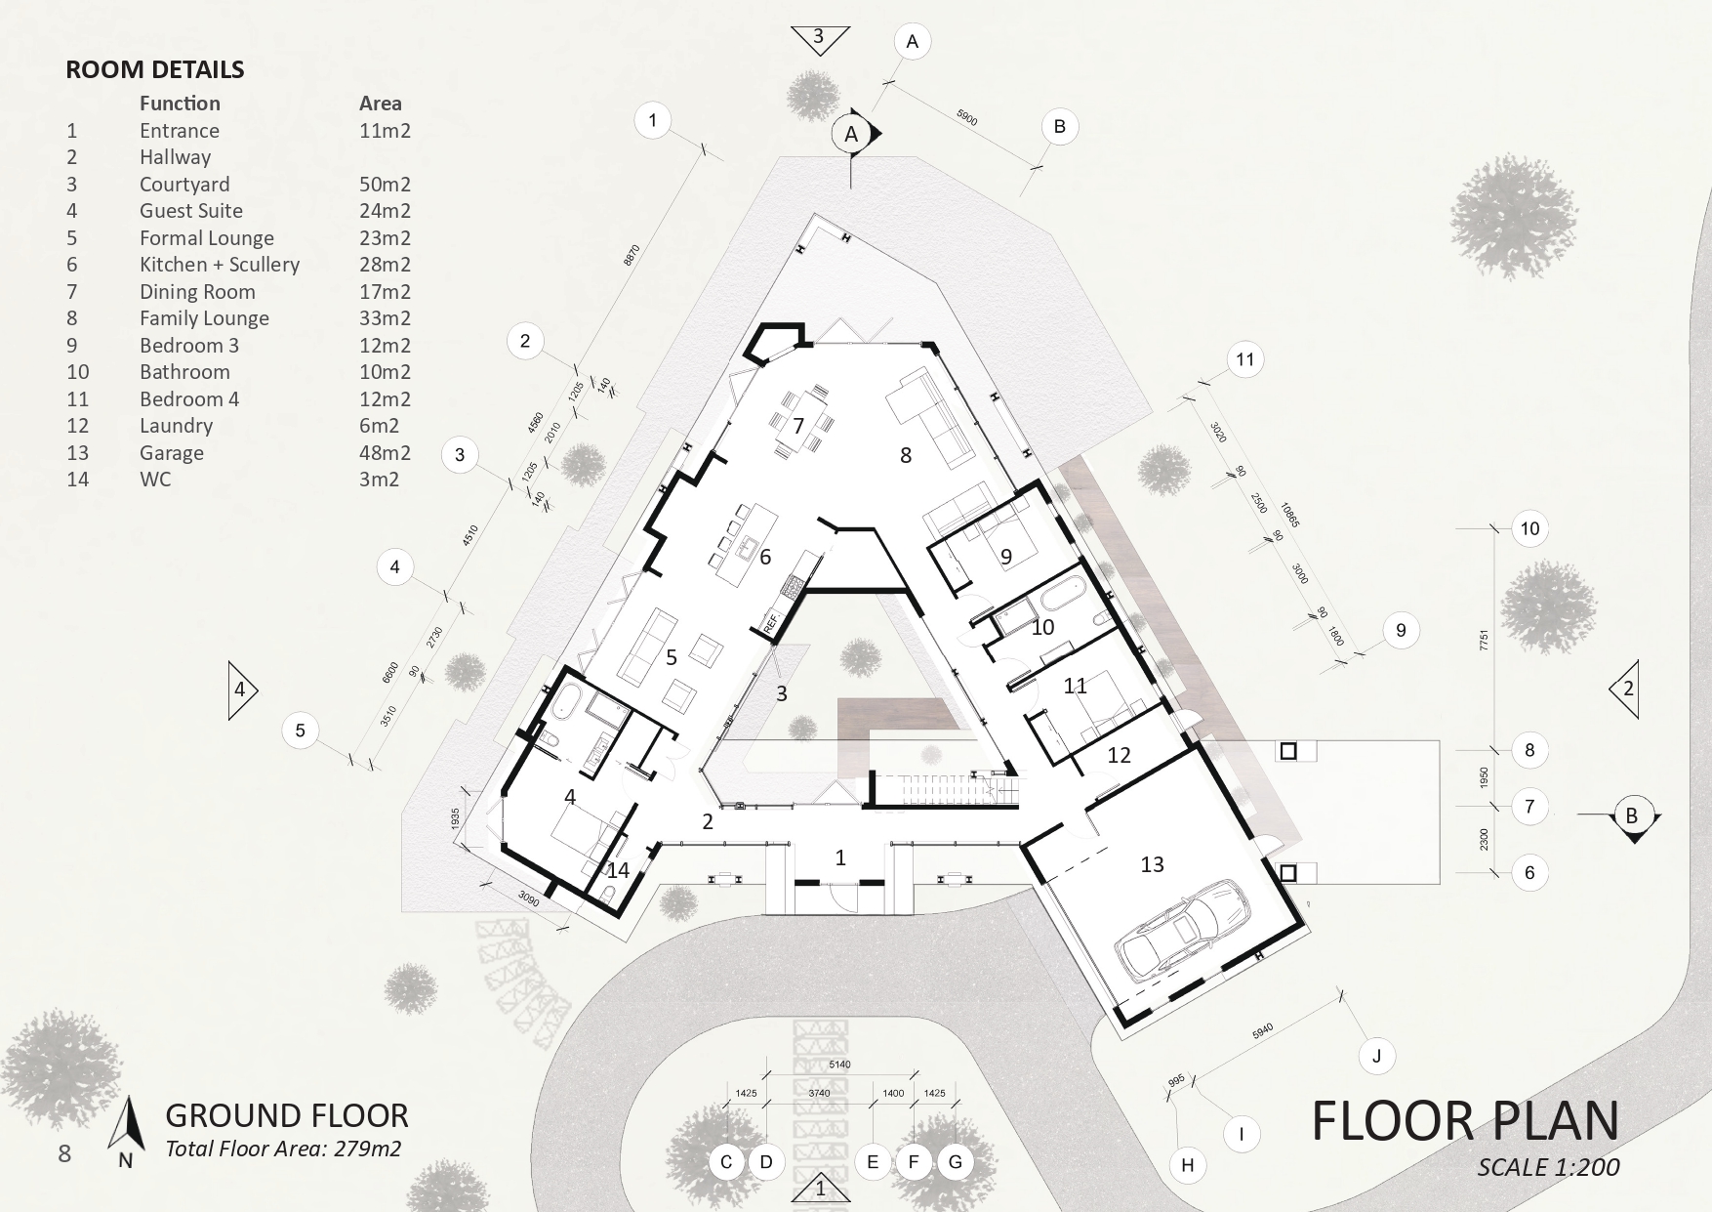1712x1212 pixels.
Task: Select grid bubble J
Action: pyautogui.click(x=1377, y=1056)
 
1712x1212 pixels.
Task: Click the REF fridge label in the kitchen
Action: pyautogui.click(x=769, y=620)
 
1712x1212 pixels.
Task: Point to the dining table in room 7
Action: pyautogui.click(x=799, y=422)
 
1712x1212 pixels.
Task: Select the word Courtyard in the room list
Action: pyautogui.click(x=184, y=185)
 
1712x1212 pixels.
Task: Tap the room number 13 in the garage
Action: pyautogui.click(x=1152, y=864)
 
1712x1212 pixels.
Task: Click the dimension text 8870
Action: pyautogui.click(x=632, y=255)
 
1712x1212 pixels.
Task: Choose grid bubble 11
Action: pyautogui.click(x=1244, y=359)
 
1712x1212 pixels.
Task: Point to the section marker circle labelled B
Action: pyautogui.click(x=1631, y=815)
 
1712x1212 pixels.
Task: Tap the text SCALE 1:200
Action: pyautogui.click(x=1548, y=1167)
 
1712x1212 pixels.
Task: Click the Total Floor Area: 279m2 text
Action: pyautogui.click(x=283, y=1149)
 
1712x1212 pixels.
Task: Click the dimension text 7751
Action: pyautogui.click(x=1484, y=641)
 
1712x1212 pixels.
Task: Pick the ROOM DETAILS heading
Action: pyautogui.click(x=155, y=69)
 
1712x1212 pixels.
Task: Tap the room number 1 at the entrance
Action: pyautogui.click(x=840, y=857)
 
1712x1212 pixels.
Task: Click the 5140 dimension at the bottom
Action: pyautogui.click(x=839, y=1064)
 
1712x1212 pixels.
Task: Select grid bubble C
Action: pyautogui.click(x=726, y=1161)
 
